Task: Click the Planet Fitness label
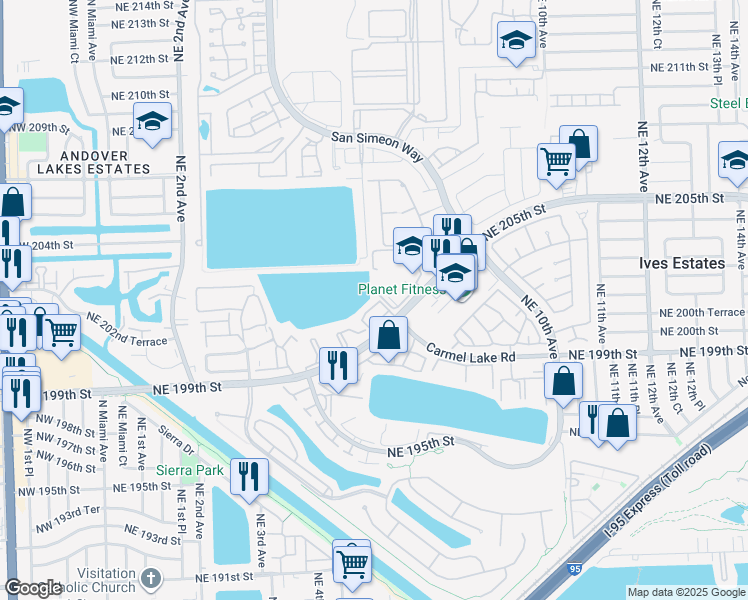click(401, 290)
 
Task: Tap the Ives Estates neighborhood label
click(681, 263)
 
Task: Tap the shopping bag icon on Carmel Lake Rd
click(388, 336)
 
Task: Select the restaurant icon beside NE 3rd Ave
click(249, 476)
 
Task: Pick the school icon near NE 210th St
click(152, 123)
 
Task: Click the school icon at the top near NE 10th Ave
click(515, 41)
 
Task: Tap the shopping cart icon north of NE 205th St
click(556, 161)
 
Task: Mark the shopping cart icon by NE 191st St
click(351, 563)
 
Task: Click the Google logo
click(34, 588)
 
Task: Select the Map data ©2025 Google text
click(685, 592)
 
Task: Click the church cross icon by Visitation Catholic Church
click(150, 578)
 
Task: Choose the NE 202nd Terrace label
click(127, 329)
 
